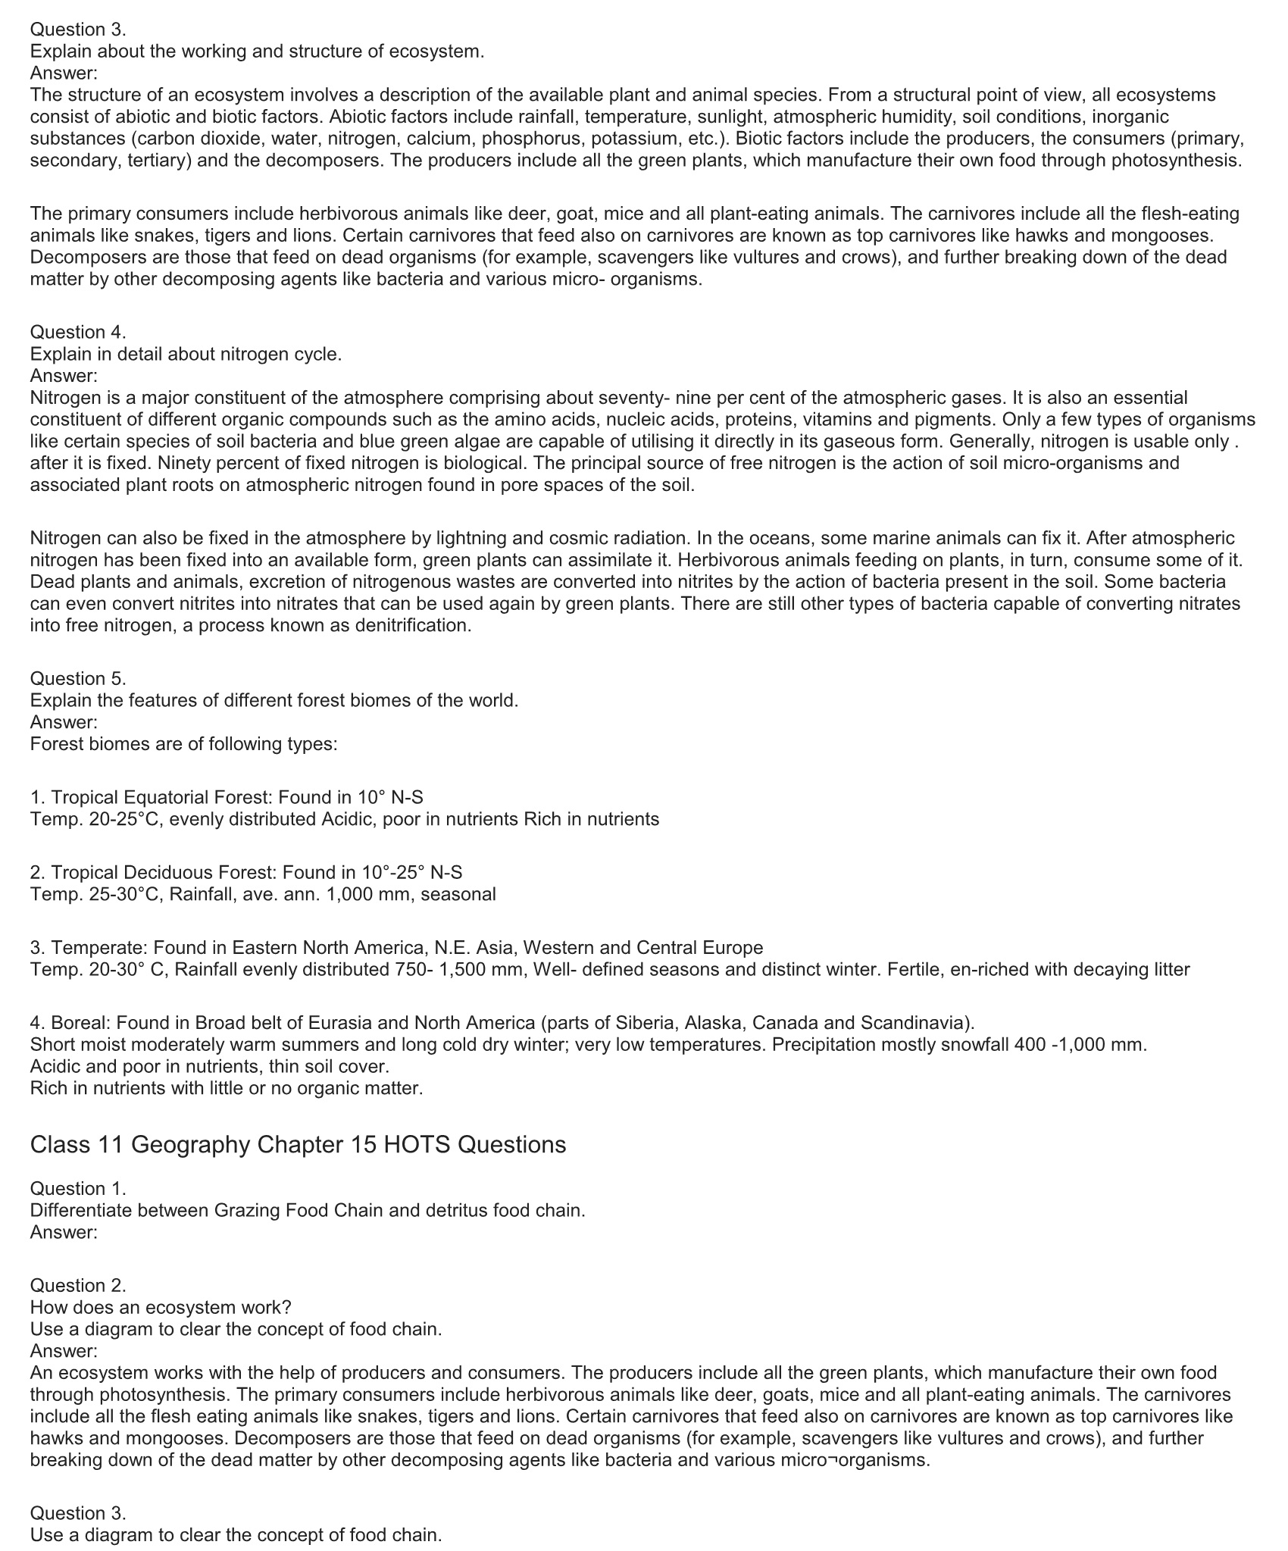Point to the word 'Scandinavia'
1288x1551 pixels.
(x=915, y=1023)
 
